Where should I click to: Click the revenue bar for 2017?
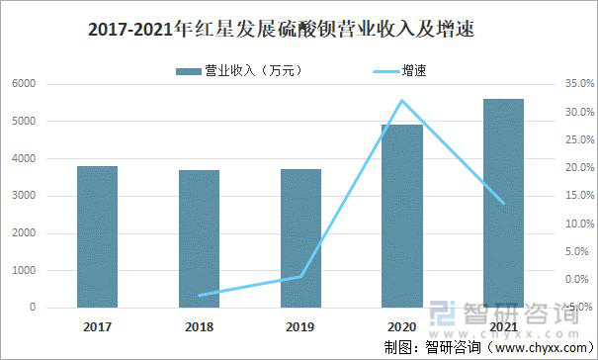(x=97, y=237)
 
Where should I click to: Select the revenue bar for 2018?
(x=199, y=239)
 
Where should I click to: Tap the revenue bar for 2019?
(x=301, y=238)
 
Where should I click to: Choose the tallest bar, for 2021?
(x=503, y=203)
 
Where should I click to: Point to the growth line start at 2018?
(x=199, y=295)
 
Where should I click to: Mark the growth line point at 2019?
(x=301, y=276)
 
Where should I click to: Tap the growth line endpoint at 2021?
(x=503, y=203)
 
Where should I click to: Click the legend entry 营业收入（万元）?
(x=238, y=70)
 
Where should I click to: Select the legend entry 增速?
(x=395, y=70)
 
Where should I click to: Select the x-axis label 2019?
(x=301, y=326)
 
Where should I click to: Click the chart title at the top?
(x=282, y=31)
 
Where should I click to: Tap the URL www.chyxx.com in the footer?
(x=540, y=348)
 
